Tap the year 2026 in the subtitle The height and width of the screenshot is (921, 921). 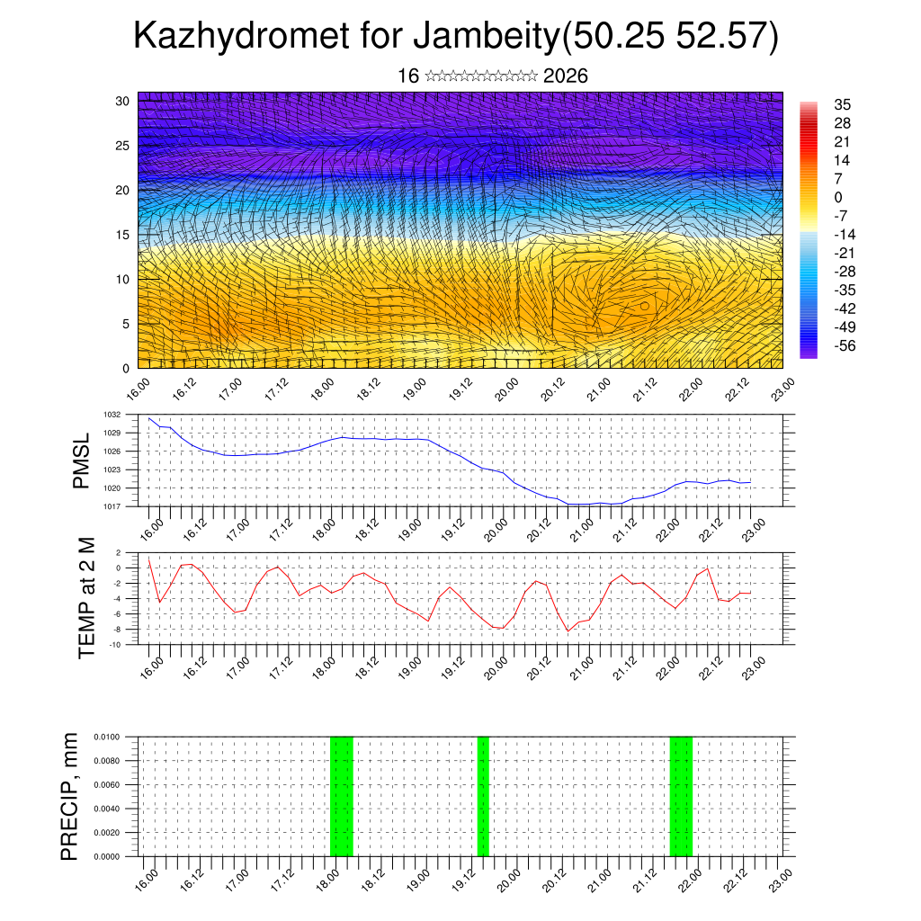(566, 76)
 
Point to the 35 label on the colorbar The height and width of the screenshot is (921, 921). (843, 104)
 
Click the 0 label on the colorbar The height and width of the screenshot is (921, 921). (838, 197)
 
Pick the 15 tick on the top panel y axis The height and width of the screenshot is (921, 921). (123, 235)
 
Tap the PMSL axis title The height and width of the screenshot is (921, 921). (82, 461)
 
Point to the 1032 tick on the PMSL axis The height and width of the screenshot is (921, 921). (112, 415)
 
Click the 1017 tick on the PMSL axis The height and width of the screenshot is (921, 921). (112, 506)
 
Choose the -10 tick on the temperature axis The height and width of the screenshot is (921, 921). (114, 644)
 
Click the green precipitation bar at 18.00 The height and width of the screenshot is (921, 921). (342, 796)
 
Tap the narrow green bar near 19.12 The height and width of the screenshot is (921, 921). (483, 796)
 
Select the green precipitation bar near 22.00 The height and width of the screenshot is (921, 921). (681, 796)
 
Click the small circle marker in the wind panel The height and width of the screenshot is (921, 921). (645, 306)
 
